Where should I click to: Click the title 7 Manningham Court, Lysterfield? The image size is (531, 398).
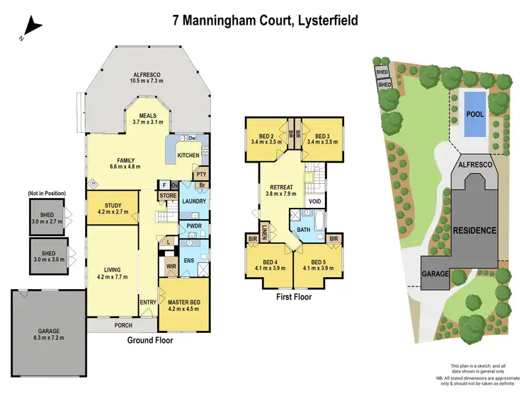[x=265, y=21]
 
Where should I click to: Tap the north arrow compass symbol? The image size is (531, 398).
[x=32, y=28]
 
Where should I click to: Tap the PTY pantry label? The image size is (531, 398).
[x=201, y=174]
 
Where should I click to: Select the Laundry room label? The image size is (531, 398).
[x=193, y=201]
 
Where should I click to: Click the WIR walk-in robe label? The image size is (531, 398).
[x=171, y=267]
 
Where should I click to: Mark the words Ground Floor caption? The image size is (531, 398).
[x=151, y=340]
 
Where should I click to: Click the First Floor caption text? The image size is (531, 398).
[x=293, y=297]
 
